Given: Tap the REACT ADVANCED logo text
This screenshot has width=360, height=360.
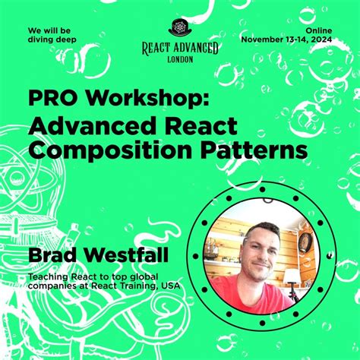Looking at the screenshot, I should point(180,48).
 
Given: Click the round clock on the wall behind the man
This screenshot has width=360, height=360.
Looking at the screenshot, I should point(304,242).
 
